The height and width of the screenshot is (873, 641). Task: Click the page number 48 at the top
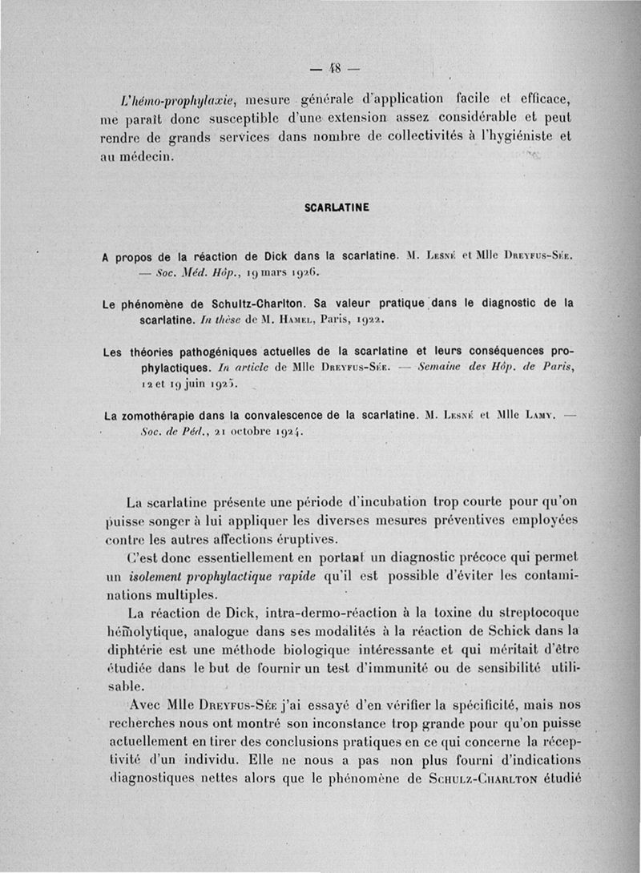coord(331,67)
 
